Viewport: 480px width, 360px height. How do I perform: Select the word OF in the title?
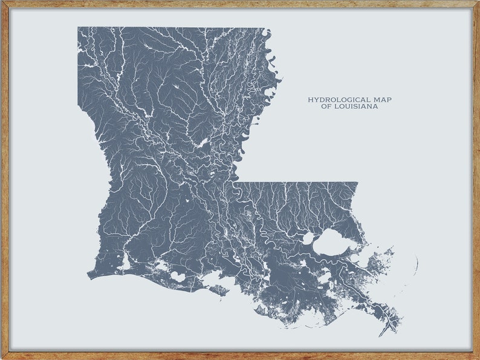pyautogui.click(x=326, y=106)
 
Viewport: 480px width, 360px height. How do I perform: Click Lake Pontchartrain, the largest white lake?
pyautogui.click(x=331, y=242)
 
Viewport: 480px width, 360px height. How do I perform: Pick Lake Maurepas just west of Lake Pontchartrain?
pyautogui.click(x=308, y=239)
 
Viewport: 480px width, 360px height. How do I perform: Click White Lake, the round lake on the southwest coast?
pyautogui.click(x=177, y=276)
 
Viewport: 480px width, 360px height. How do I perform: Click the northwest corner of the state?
pyautogui.click(x=78, y=28)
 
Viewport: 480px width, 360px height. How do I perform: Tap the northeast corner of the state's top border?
pyautogui.click(x=265, y=28)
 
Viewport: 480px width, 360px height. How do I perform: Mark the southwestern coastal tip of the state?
pyautogui.click(x=88, y=277)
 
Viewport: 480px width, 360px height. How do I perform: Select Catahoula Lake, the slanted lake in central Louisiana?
pyautogui.click(x=201, y=143)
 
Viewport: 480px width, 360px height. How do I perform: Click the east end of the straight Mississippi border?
pyautogui.click(x=357, y=183)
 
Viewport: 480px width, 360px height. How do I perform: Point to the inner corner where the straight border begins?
pyautogui.click(x=234, y=182)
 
